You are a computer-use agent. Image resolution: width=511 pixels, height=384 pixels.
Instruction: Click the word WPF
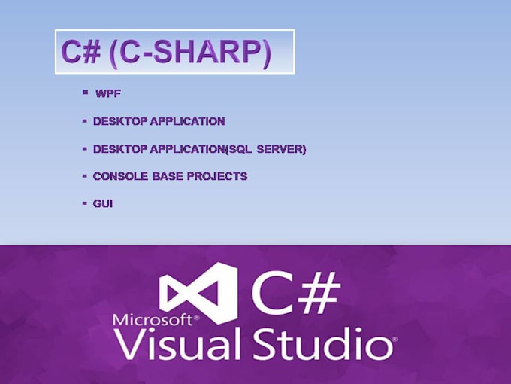point(108,94)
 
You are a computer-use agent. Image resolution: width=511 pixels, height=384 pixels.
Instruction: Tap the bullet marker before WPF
point(86,92)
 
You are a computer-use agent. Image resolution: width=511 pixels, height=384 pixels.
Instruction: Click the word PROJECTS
point(219,176)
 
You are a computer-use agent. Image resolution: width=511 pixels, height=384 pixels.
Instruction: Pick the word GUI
point(103,203)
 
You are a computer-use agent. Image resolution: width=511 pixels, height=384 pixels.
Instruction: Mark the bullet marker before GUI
point(85,203)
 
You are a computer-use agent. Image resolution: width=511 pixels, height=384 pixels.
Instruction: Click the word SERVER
point(282,149)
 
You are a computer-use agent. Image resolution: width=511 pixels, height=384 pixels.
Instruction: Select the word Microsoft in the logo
point(152,320)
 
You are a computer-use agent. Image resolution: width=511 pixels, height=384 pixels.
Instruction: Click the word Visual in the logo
point(177,345)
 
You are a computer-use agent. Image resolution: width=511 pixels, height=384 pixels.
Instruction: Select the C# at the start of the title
point(81,53)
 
